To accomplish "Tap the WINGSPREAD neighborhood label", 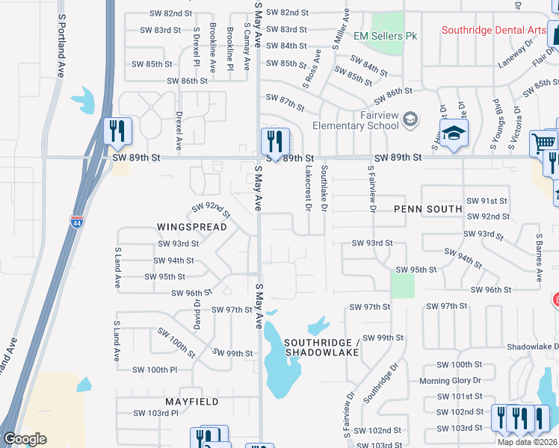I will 187,225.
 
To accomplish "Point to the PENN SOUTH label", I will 428,209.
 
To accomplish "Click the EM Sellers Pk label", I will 385,36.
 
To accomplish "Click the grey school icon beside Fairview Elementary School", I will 410,119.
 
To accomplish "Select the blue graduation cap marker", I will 453,135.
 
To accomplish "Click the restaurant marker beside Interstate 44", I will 117,131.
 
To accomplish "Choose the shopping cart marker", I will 543,142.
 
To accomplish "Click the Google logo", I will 25,439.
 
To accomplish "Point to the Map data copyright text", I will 526,442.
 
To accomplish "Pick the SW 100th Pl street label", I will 155,370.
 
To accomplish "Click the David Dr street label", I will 198,314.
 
